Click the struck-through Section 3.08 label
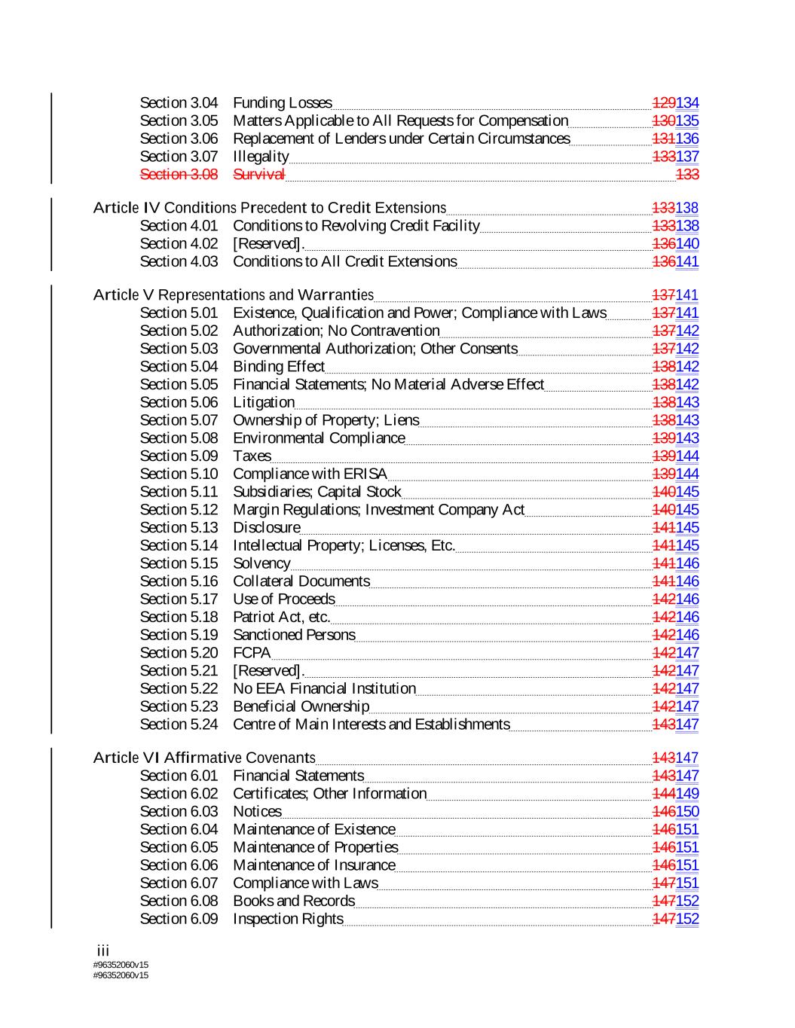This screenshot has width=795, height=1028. coord(179,175)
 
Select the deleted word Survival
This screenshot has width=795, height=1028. coord(258,175)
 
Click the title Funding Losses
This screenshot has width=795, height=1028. coord(282,103)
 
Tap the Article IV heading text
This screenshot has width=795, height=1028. coord(269,208)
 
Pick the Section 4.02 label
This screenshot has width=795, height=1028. coord(179,244)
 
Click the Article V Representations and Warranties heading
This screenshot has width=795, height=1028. coord(233,294)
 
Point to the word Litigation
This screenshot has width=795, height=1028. coord(264,403)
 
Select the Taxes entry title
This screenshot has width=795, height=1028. coord(252,456)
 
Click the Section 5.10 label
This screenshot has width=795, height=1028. coord(179,474)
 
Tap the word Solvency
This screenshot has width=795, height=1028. coord(261,564)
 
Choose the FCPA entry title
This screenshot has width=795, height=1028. coord(252,653)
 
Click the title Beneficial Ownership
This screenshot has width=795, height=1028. coord(301,706)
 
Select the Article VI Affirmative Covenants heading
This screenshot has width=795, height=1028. coord(203,758)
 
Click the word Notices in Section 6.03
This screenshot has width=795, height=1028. coord(257,812)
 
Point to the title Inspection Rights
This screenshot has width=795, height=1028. coord(288,919)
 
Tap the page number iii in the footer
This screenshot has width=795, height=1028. coord(103,951)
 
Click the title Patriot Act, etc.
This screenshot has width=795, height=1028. coord(281,618)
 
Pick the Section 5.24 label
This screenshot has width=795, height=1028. coord(179,724)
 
